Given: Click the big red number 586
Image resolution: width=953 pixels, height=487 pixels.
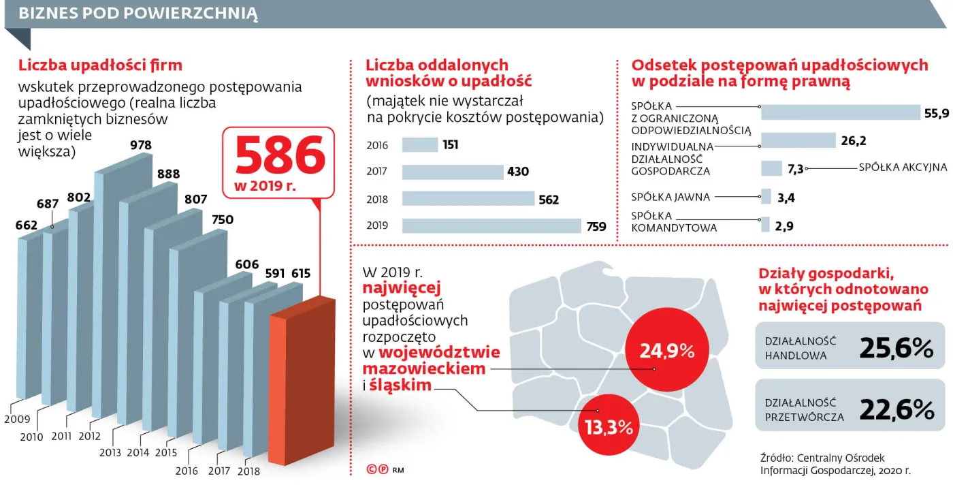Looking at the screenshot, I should [x=280, y=156].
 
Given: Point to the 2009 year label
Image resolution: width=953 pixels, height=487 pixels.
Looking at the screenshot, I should [x=18, y=419].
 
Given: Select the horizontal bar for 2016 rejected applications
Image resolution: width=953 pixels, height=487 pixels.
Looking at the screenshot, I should [x=420, y=145].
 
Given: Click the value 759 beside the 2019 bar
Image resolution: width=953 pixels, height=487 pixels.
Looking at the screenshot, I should [x=596, y=227].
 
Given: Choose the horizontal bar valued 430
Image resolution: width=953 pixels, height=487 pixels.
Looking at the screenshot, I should [x=453, y=172].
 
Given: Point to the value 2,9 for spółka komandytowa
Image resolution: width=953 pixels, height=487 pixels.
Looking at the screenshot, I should [x=784, y=225].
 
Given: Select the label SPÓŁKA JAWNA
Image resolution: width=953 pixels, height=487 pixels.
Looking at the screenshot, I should [x=671, y=198].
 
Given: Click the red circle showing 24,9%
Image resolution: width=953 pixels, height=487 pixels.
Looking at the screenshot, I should [x=666, y=351].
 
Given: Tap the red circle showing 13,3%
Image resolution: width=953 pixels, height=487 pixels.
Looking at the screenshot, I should [x=609, y=427].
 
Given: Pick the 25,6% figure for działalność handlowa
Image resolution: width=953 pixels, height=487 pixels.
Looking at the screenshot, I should [x=896, y=348].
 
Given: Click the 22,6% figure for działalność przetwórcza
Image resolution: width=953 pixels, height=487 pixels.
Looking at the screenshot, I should [x=896, y=409].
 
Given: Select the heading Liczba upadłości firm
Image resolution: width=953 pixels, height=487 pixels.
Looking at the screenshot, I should [x=100, y=65].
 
